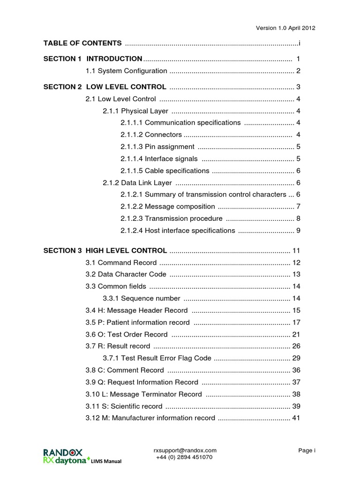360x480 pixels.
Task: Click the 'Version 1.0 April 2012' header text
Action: [x=285, y=28]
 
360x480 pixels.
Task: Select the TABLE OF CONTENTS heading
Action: [x=82, y=43]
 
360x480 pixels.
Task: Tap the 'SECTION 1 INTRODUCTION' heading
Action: [x=93, y=59]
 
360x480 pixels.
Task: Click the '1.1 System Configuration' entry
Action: [x=126, y=71]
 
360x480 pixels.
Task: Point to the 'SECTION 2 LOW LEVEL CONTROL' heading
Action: [x=105, y=87]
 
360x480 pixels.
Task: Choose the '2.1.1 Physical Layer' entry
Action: [x=135, y=111]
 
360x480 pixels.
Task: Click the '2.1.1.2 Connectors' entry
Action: [x=150, y=135]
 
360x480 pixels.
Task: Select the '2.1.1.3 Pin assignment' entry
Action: [x=157, y=147]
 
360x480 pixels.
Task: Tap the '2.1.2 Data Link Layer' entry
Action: [x=137, y=183]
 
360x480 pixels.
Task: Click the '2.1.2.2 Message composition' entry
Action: [x=167, y=206]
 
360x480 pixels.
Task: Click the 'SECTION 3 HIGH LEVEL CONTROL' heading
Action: [x=105, y=250]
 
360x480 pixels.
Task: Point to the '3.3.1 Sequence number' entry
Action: [x=141, y=298]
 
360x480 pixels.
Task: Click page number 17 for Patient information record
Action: [x=296, y=322]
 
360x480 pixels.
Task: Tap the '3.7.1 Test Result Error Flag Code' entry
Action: [x=157, y=358]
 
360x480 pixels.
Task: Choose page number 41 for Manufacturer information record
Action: [x=296, y=418]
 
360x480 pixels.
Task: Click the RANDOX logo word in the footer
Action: [x=63, y=452]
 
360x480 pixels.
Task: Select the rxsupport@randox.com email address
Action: [x=185, y=450]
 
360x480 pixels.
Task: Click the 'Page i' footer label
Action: [x=307, y=450]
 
